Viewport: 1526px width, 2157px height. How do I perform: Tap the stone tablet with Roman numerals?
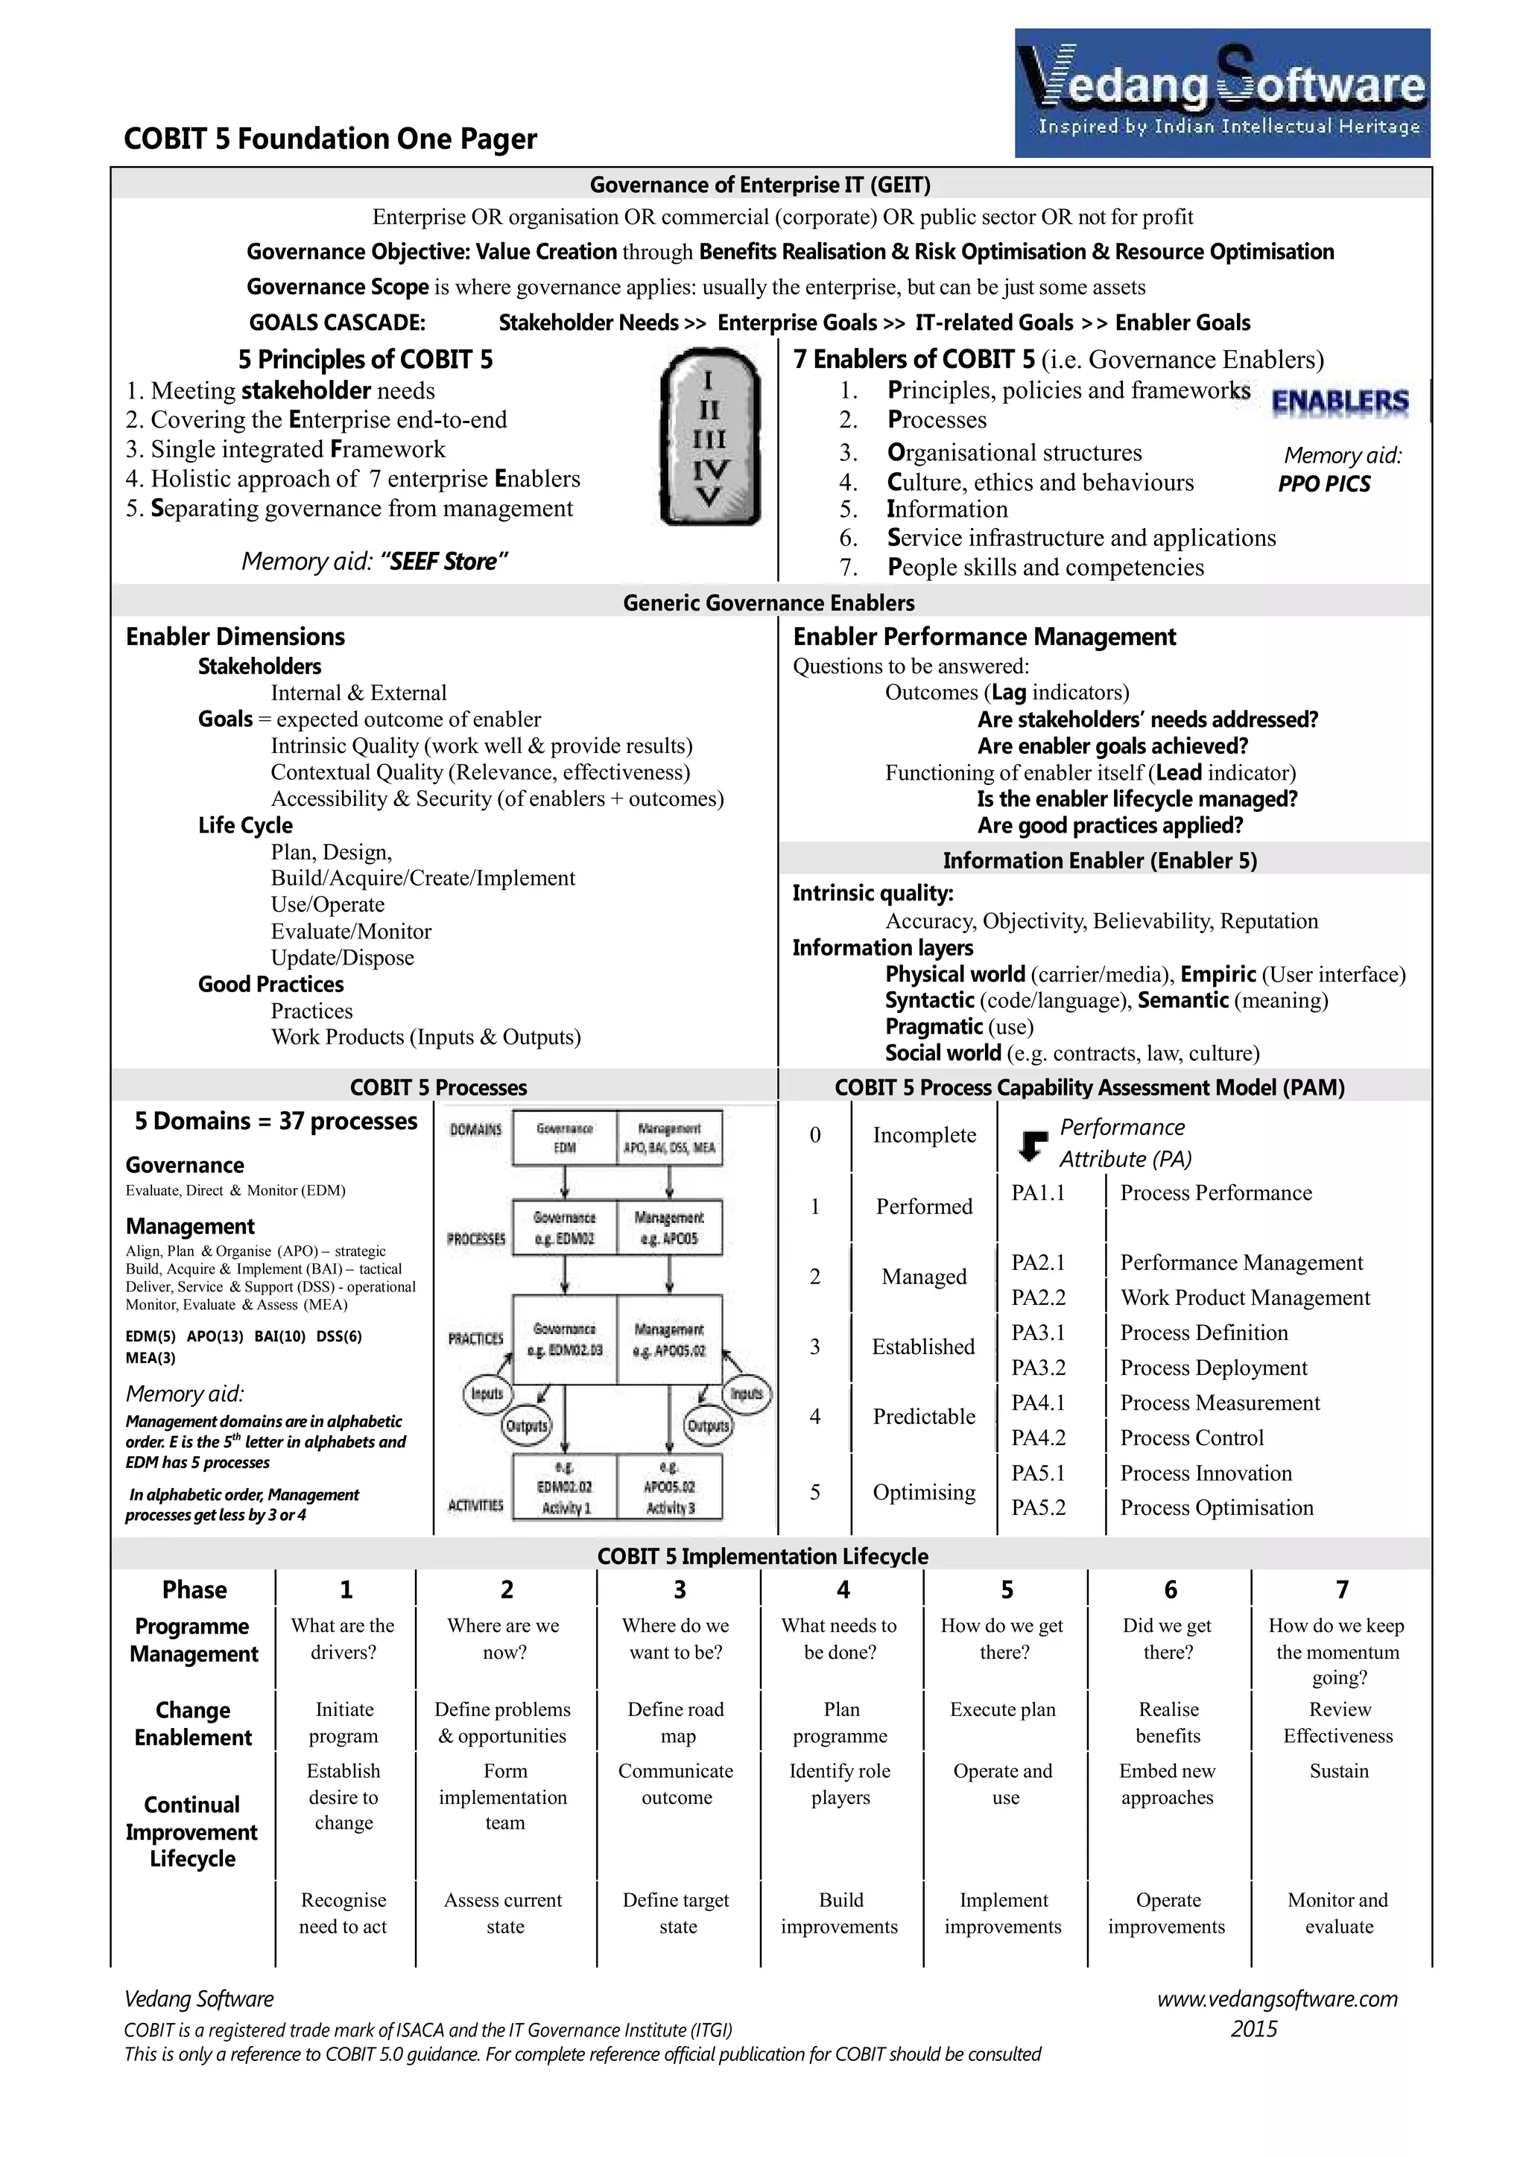click(709, 437)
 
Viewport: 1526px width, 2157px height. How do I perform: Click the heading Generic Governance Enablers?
click(769, 603)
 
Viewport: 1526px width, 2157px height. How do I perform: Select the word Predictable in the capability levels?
click(924, 1416)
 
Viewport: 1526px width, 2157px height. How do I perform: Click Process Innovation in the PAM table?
click(1206, 1473)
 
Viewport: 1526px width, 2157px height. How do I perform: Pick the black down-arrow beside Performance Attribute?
click(1033, 1144)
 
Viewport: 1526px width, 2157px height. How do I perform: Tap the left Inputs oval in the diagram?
click(487, 1394)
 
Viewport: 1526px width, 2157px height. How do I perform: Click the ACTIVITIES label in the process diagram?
click(475, 1505)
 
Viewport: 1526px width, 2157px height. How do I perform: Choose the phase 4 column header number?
click(843, 1589)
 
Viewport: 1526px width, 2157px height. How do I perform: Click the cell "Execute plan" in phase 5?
click(1003, 1710)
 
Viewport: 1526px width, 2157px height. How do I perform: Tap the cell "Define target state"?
click(676, 1913)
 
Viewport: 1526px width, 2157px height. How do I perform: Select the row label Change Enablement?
click(193, 1723)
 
